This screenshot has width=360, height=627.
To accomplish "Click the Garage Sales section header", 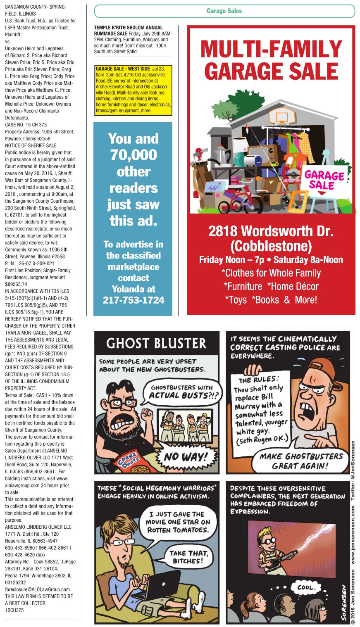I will pyautogui.click(x=224, y=11).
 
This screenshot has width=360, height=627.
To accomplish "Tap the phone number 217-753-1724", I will pyautogui.click(x=133, y=300).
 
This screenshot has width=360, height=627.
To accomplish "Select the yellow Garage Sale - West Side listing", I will pyautogui.click(x=133, y=90).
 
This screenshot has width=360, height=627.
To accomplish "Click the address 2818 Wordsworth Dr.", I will pyautogui.click(x=271, y=231).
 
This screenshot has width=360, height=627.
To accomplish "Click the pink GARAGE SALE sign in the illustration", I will pyautogui.click(x=324, y=180).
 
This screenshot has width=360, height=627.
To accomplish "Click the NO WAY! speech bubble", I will pyautogui.click(x=190, y=457).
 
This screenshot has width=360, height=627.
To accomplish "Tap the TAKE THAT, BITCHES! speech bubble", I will pyautogui.click(x=188, y=557).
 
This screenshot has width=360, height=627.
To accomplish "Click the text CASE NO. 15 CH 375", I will pyautogui.click(x=26, y=125).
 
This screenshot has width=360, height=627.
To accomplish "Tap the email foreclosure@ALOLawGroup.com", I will pyautogui.click(x=37, y=589).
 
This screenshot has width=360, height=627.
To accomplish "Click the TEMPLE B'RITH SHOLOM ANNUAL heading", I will pyautogui.click(x=128, y=28).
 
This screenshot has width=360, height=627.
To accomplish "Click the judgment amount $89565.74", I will pyautogui.click(x=16, y=284).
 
